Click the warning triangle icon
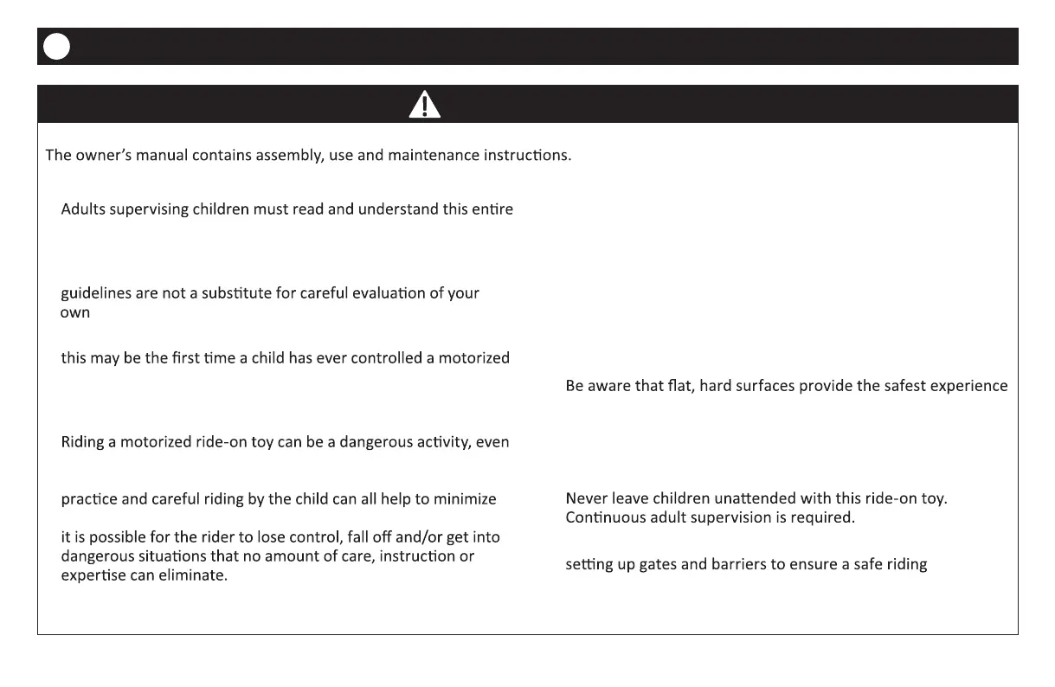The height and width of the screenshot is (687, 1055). pyautogui.click(x=424, y=104)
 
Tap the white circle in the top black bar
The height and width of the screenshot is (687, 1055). pyautogui.click(x=56, y=47)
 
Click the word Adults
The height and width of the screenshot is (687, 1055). pyautogui.click(x=83, y=209)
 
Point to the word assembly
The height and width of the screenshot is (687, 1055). pyautogui.click(x=286, y=157)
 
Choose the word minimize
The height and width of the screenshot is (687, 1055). pyautogui.click(x=468, y=499)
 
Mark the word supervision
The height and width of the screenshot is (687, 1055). pyautogui.click(x=743, y=518)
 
